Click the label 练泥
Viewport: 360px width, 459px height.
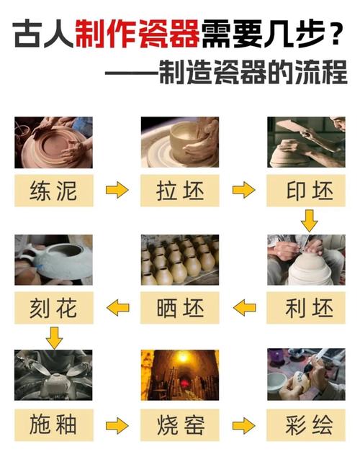click(53, 191)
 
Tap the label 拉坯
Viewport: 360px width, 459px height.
click(179, 191)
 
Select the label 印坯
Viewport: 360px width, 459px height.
click(305, 191)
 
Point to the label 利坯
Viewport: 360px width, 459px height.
click(305, 308)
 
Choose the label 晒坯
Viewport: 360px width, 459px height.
click(179, 308)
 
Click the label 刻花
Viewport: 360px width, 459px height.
click(53, 308)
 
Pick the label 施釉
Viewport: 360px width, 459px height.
click(53, 425)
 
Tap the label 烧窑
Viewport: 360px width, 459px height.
click(179, 425)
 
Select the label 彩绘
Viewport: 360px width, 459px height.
click(305, 425)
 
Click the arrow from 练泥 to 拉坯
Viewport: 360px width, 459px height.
click(117, 191)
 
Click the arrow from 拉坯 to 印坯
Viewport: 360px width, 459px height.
click(243, 191)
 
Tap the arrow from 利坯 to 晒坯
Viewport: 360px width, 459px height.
click(243, 308)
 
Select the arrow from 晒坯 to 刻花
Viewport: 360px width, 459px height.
click(117, 308)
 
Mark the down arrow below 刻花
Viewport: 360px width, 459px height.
click(54, 337)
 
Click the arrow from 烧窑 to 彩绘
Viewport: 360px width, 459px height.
click(243, 425)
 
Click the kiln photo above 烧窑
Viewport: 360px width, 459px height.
click(179, 375)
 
